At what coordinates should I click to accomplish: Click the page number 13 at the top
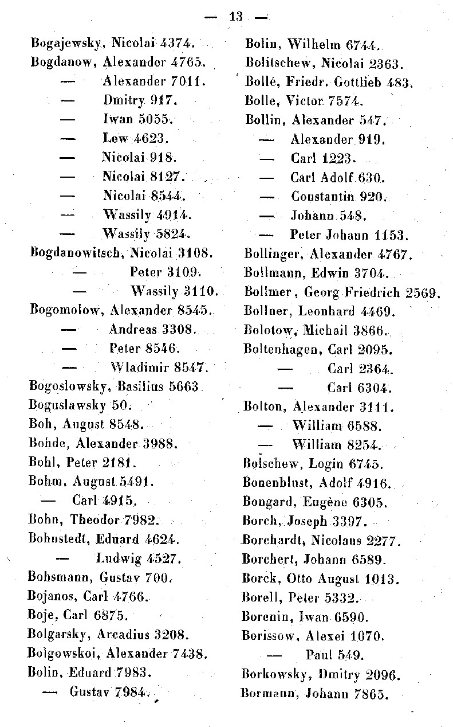pyautogui.click(x=235, y=16)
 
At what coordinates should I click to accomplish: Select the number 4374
pyautogui.click(x=176, y=42)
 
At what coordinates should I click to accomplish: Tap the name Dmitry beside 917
pyautogui.click(x=123, y=100)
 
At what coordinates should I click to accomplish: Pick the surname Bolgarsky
pyautogui.click(x=59, y=635)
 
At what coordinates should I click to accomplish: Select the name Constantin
pyautogui.click(x=323, y=197)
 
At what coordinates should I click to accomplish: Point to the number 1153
pyautogui.click(x=391, y=235)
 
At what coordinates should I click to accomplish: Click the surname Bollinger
pyautogui.click(x=274, y=254)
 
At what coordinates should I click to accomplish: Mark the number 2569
pyautogui.click(x=423, y=292)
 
